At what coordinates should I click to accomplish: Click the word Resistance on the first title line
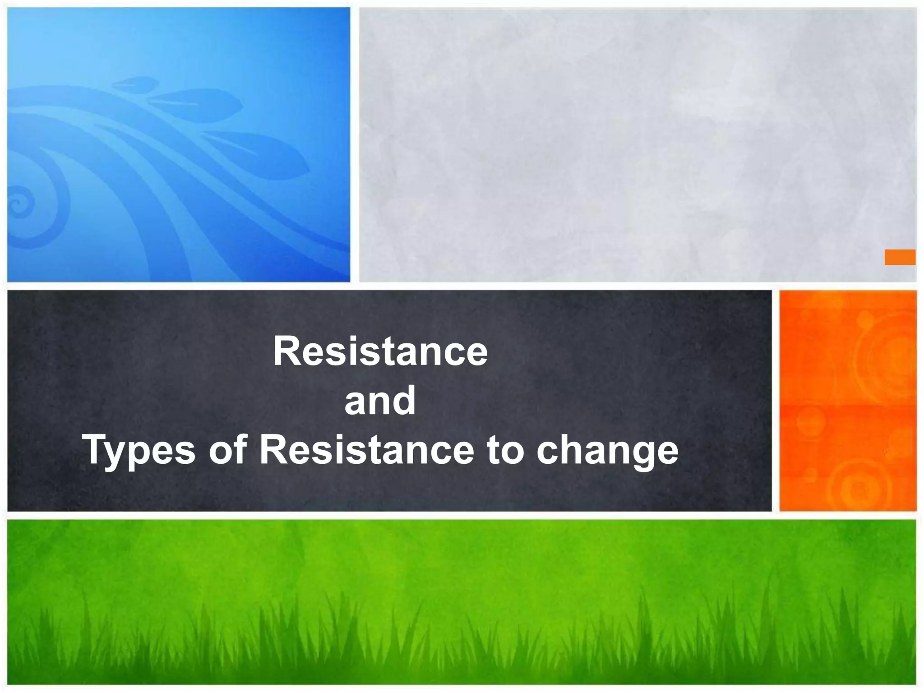pyautogui.click(x=380, y=351)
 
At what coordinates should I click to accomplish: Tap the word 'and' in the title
pyautogui.click(x=380, y=401)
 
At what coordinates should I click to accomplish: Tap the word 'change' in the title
pyautogui.click(x=607, y=450)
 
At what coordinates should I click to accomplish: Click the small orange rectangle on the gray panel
pyautogui.click(x=900, y=257)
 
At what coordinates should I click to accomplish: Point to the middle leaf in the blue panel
pyautogui.click(x=199, y=105)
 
